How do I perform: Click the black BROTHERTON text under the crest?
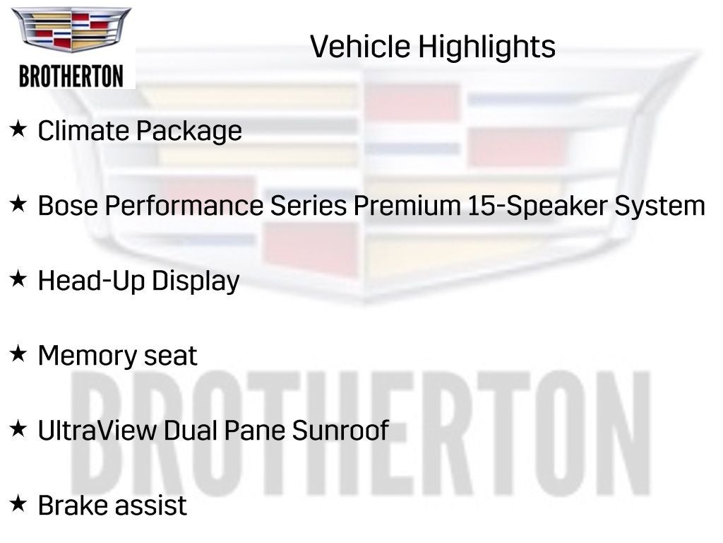(x=71, y=76)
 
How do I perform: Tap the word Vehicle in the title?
(x=359, y=47)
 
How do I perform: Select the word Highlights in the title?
(x=486, y=47)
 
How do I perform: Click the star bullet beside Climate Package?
(x=18, y=129)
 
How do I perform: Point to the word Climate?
(x=83, y=131)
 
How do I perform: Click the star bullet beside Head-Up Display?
(x=18, y=279)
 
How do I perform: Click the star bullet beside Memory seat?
(x=18, y=354)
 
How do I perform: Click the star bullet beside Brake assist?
(x=18, y=504)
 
